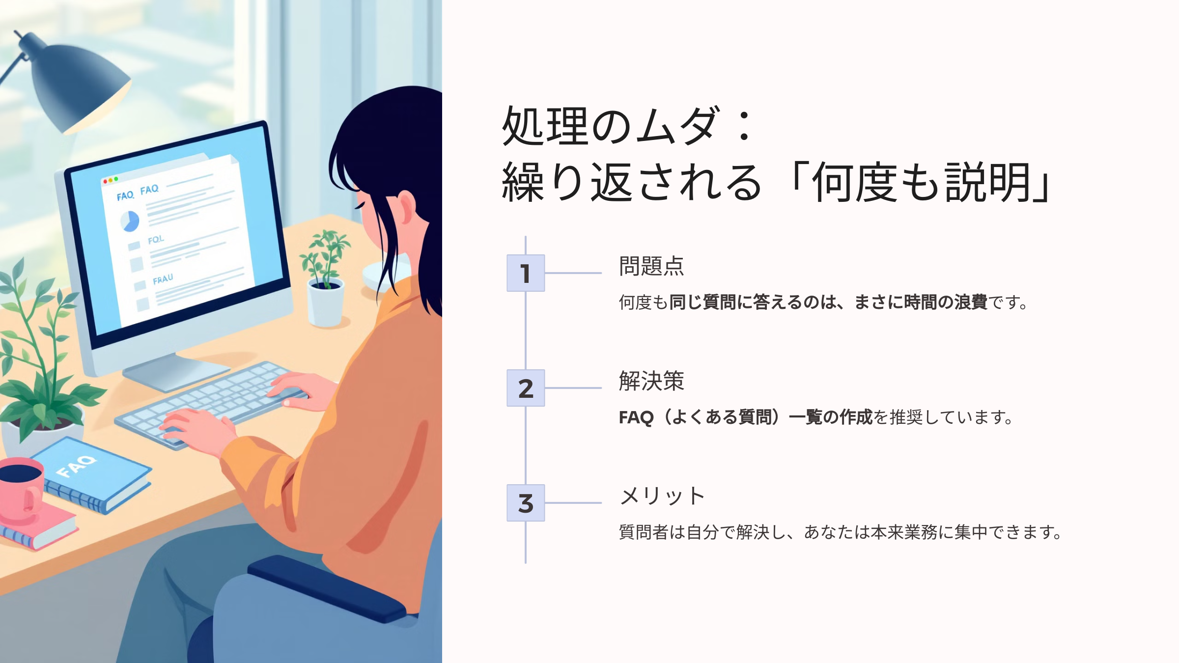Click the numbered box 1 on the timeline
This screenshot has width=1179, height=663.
click(x=526, y=273)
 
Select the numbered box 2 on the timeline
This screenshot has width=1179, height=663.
click(x=526, y=388)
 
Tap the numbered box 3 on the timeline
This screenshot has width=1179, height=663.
click(x=526, y=503)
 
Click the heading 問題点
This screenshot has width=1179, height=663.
click(x=651, y=266)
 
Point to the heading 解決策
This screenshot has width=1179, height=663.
click(x=651, y=381)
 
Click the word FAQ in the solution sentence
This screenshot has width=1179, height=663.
click(x=636, y=417)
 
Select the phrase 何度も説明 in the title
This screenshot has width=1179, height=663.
click(x=921, y=183)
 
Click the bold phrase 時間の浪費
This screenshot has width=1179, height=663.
click(x=946, y=303)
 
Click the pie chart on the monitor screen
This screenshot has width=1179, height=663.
click(x=130, y=221)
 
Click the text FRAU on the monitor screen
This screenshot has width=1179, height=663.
click(x=163, y=279)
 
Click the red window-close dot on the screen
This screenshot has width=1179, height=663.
click(x=105, y=182)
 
